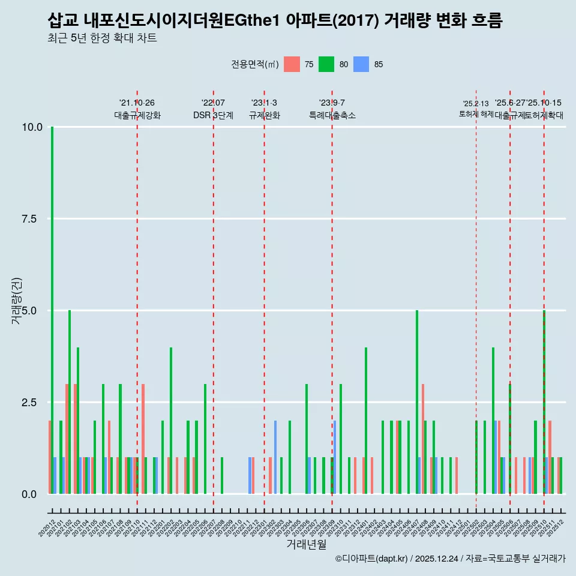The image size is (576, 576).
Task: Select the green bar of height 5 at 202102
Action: (70, 402)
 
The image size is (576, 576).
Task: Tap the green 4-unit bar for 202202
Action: (171, 420)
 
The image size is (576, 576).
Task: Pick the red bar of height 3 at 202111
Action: (143, 439)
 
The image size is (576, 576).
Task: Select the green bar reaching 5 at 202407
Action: (417, 402)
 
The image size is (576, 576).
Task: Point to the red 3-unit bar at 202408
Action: (423, 439)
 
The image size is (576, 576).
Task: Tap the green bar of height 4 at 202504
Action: (493, 420)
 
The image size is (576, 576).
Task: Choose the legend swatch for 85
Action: (361, 64)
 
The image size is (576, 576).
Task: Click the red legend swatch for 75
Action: (292, 64)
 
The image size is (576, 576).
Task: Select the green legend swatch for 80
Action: (326, 64)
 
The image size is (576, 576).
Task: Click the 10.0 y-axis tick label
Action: (31, 127)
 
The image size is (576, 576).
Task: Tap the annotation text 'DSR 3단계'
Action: (213, 115)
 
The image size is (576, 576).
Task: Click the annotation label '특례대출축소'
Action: (332, 115)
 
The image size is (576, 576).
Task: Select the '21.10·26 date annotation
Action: (137, 103)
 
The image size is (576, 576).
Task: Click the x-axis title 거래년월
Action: (306, 544)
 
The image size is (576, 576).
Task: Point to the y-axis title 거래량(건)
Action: (17, 300)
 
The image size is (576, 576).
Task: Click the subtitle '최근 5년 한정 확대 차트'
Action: (102, 38)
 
